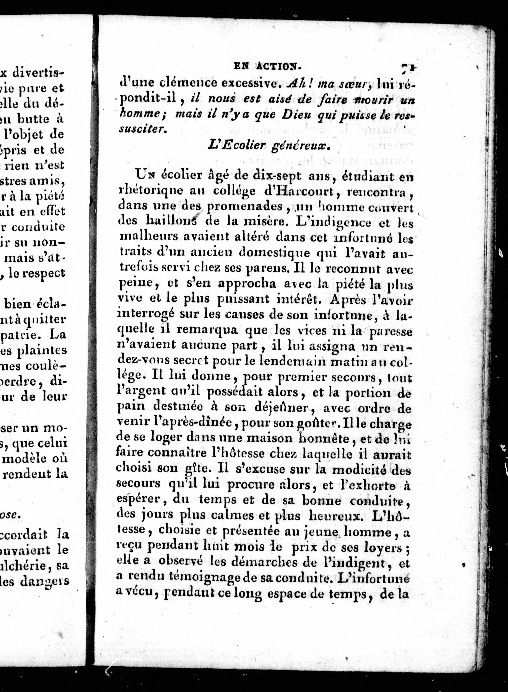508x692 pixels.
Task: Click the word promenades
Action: (244, 206)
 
